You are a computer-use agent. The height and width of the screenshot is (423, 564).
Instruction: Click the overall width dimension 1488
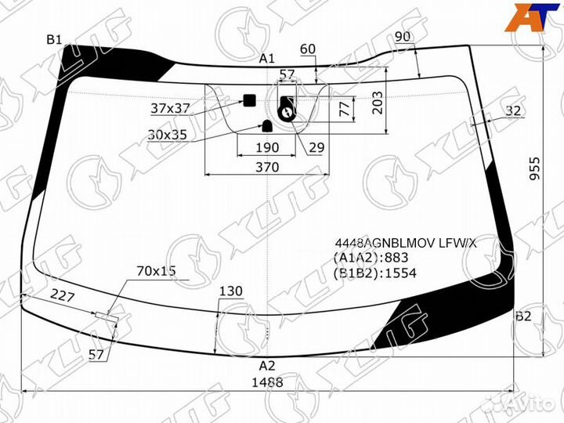pos(267,382)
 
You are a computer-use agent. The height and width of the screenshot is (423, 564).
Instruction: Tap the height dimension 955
pos(535,168)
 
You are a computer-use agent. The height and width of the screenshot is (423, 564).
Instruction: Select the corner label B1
pos(54,40)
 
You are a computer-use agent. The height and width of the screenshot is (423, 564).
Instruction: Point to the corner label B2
pos(523,316)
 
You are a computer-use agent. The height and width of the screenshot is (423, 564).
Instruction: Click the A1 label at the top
pos(267,58)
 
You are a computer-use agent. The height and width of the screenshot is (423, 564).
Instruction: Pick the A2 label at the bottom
pos(267,366)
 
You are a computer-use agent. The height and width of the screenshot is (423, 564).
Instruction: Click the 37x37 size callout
pos(170,108)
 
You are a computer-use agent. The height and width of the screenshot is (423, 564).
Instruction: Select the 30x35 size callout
pos(168,135)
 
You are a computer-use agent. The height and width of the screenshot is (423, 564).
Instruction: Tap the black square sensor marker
pos(249,100)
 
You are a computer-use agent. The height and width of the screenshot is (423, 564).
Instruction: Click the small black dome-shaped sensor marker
pos(267,126)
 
